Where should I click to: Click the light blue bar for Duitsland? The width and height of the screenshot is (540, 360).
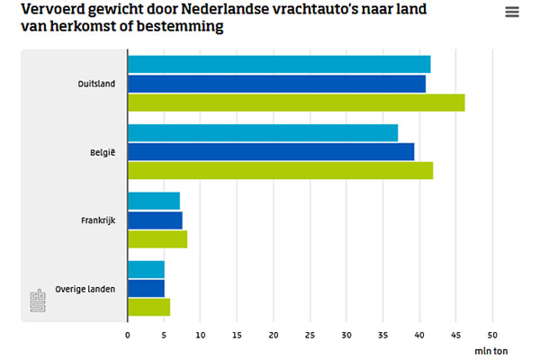279,64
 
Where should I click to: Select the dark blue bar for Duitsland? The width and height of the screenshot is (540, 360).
276,84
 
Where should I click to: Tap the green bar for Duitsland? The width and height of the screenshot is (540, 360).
296,103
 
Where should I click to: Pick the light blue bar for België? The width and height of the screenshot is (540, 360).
263,132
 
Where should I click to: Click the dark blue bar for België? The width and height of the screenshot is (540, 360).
271,151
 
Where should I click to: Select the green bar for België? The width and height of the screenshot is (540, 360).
280,170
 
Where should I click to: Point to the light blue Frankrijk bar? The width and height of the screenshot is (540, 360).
154,201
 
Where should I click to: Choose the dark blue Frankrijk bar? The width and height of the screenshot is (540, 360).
155,220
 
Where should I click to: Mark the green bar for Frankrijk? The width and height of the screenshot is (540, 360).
157,238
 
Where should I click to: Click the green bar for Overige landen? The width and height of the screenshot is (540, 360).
148,307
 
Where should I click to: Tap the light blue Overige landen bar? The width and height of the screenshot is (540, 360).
146,269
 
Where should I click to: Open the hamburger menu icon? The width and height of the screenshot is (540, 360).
512,12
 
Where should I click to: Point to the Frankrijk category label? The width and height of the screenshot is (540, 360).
100,220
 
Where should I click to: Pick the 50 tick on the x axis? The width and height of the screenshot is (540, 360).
492,335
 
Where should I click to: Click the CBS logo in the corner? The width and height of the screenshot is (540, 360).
37,301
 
